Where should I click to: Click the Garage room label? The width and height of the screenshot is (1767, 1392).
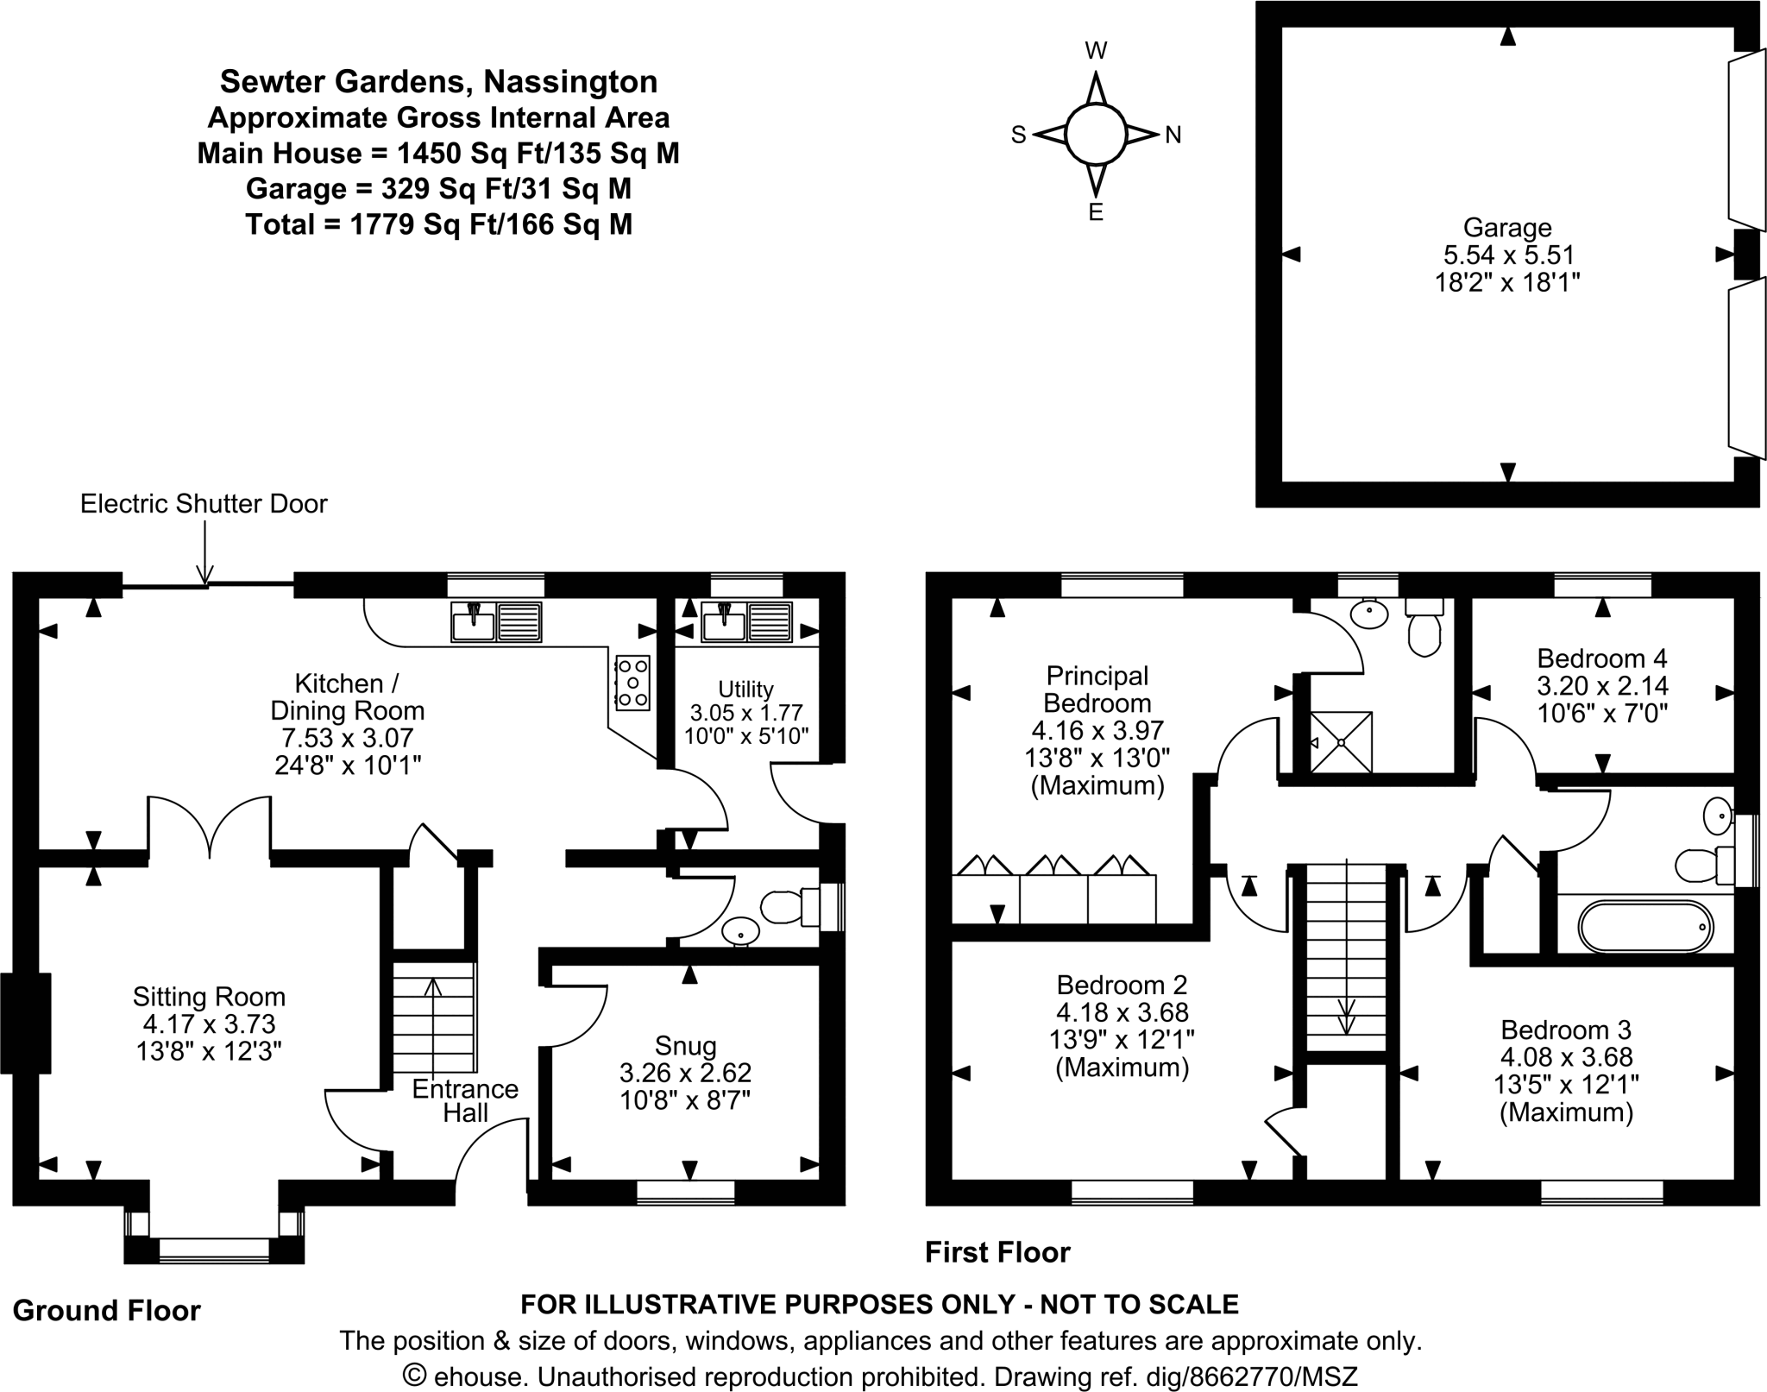[x=1506, y=228]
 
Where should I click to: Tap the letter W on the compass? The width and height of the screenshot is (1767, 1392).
[x=1096, y=51]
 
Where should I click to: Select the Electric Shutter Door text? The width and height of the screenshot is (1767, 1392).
[x=204, y=504]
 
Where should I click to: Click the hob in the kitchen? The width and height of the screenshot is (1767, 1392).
[x=632, y=683]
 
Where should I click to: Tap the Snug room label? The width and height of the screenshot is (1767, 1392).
[x=685, y=1046]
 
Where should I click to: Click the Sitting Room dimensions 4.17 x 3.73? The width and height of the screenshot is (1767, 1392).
[x=209, y=1024]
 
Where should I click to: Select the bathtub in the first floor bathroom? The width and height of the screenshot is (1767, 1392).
[x=1645, y=928]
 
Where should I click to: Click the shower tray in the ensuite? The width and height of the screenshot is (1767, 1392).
[x=1341, y=742]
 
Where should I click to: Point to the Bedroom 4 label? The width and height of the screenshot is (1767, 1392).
[x=1601, y=658]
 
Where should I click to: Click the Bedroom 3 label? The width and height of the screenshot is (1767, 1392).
[x=1565, y=1030]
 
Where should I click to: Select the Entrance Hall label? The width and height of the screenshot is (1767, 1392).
[x=465, y=1101]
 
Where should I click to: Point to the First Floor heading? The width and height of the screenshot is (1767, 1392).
[x=997, y=1252]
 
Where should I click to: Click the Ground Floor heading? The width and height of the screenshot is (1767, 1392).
[x=107, y=1311]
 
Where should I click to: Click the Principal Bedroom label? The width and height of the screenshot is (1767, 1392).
[x=1097, y=689]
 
